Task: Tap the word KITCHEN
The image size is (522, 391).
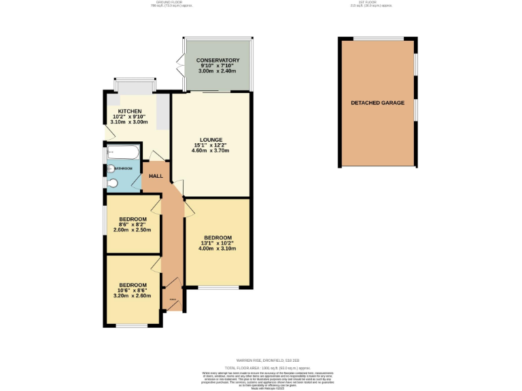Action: coord(130,111)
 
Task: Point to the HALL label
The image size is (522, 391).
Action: coord(156,176)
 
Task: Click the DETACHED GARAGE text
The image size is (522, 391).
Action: coord(377,103)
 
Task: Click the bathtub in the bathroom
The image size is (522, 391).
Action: coord(123,152)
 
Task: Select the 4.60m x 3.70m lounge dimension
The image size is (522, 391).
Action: coord(211,150)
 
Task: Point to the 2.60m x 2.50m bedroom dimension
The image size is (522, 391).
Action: coord(133,230)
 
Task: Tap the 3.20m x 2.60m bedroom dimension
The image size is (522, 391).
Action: coord(133,295)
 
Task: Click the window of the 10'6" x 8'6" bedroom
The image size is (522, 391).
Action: coord(132,327)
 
